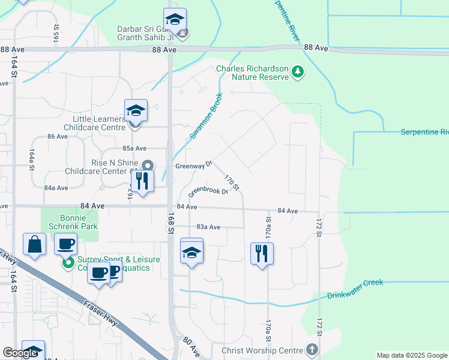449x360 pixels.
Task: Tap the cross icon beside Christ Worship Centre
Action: point(312,349)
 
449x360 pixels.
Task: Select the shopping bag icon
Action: point(34,245)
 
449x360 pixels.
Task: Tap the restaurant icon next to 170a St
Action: point(262,253)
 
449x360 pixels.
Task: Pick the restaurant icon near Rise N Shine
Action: point(142,181)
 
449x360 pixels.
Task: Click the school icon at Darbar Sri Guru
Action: point(175,20)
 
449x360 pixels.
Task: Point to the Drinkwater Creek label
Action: point(355,295)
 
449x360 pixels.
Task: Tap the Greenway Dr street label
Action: point(193,164)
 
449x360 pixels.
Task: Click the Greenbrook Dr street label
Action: point(208,192)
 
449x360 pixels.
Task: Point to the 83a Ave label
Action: point(209,227)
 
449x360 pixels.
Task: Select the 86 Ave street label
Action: point(58,137)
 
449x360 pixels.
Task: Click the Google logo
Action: point(20,353)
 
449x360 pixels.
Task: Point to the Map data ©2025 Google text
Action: point(411,355)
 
